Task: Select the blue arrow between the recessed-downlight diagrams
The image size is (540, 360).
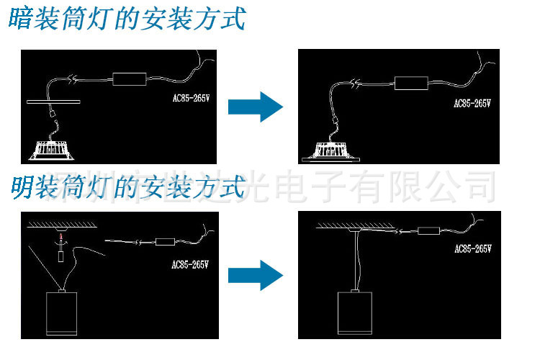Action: pyautogui.click(x=254, y=107)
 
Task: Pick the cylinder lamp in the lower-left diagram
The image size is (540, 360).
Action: pyautogui.click(x=60, y=314)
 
